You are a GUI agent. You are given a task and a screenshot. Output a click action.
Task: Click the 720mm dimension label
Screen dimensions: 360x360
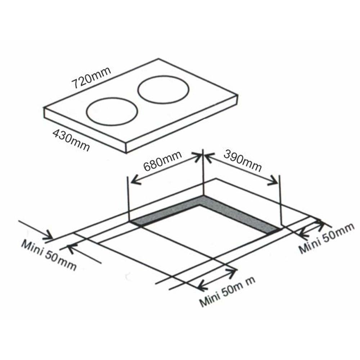tap(91, 78)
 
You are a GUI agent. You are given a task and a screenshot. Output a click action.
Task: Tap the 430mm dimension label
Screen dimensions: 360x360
tap(71, 140)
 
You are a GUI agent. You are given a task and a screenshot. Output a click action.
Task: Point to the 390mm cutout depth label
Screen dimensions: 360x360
tap(243, 160)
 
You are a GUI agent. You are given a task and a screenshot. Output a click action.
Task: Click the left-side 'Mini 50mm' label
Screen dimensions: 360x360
tap(49, 256)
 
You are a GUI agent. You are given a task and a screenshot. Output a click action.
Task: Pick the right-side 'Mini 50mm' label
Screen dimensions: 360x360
tap(326, 239)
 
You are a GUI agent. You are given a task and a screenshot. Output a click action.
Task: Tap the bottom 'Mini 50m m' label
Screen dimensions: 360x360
tap(227, 292)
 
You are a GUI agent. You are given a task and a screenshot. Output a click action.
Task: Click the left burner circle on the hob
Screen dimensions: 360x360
tap(112, 112)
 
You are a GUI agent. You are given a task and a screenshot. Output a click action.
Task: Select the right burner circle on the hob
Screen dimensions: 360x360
tap(163, 90)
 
